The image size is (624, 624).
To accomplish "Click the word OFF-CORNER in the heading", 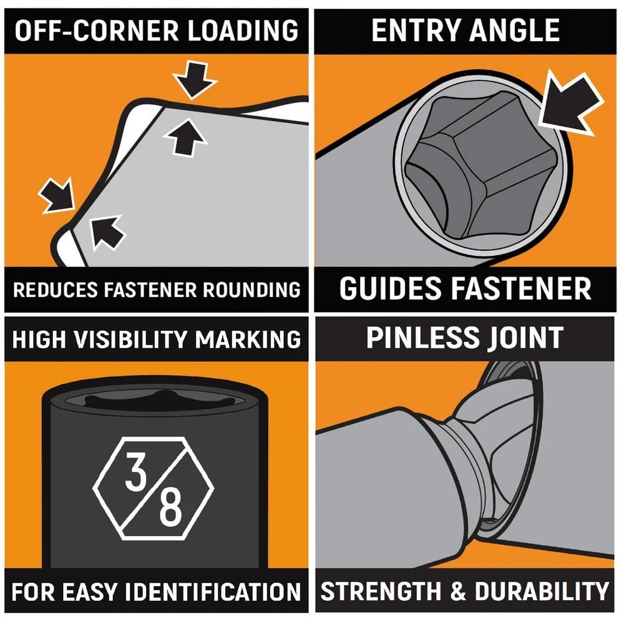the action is pyautogui.click(x=97, y=30).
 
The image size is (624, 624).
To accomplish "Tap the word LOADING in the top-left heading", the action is pyautogui.click(x=243, y=30).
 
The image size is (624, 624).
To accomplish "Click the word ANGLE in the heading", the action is pyautogui.click(x=514, y=30).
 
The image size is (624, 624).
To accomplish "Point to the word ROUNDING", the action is pyautogui.click(x=251, y=290).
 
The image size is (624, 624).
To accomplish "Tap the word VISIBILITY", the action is pyautogui.click(x=131, y=339).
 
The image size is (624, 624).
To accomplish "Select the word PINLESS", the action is pyautogui.click(x=422, y=338).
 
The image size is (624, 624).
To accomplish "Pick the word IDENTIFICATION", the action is pyautogui.click(x=213, y=592).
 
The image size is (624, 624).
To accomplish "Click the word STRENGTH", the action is pyautogui.click(x=381, y=591).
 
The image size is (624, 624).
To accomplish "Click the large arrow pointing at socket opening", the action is pyautogui.click(x=570, y=104).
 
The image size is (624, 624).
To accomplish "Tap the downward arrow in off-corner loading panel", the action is pyautogui.click(x=195, y=79).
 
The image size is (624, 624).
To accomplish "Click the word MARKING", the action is pyautogui.click(x=248, y=339).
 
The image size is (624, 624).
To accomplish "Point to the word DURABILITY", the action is pyautogui.click(x=542, y=591).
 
